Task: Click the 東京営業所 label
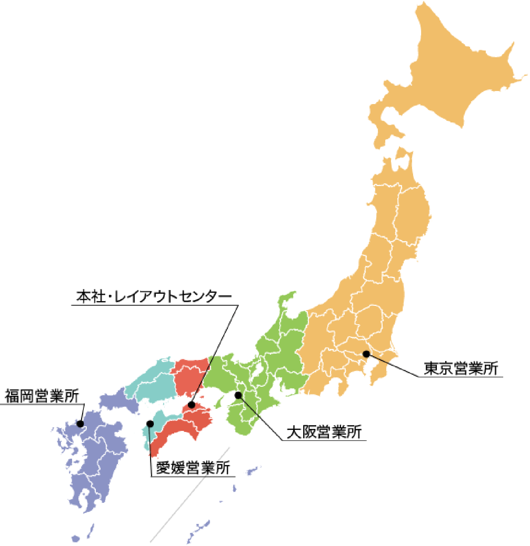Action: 461,368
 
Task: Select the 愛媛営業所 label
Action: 193,467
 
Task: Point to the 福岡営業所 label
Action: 42,396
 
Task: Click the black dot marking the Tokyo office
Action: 366,354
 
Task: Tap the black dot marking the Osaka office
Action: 238,395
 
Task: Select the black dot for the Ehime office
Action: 150,424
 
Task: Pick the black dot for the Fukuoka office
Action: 80,424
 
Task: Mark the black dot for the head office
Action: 191,405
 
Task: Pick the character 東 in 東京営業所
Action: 432,368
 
